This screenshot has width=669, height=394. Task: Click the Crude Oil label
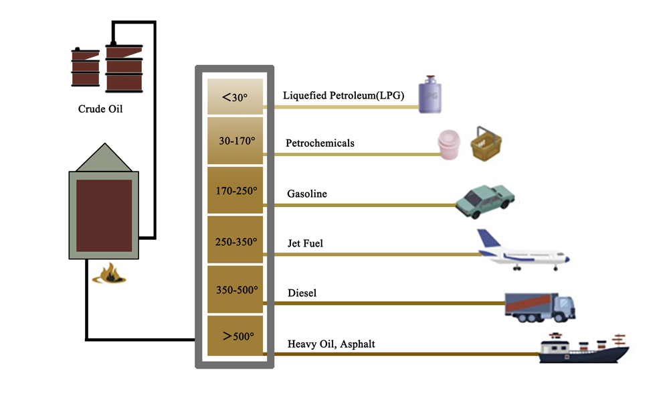coord(100,109)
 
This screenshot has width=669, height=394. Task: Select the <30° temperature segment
coord(235,97)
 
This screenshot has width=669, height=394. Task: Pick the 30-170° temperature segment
coord(235,141)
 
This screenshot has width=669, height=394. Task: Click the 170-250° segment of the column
coord(235,190)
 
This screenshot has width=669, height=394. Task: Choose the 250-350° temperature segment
coord(235,240)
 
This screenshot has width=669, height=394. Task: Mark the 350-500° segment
coord(235,290)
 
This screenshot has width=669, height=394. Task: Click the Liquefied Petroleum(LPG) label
coord(343,95)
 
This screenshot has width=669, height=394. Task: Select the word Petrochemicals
coord(320,143)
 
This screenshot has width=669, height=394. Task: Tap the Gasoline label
coord(307,194)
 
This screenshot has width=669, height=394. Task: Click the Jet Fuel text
coord(305,243)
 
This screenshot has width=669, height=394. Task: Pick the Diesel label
coord(302,293)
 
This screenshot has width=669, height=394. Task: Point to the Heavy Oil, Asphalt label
coord(331,344)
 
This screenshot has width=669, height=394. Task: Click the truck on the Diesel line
coord(539,307)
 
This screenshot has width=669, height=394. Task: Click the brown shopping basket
coord(486,145)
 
